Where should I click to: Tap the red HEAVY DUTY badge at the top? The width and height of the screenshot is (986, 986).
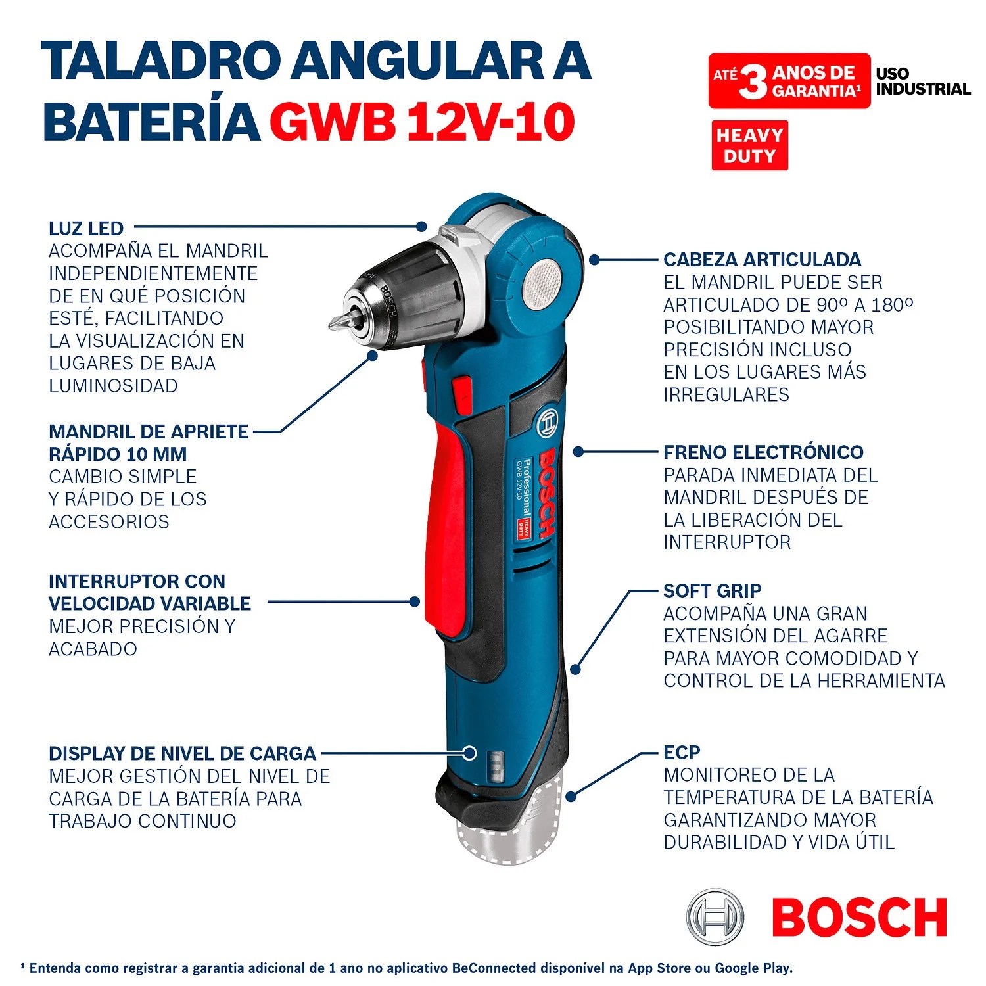click(x=749, y=145)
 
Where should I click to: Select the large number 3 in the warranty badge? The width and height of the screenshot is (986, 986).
click(x=753, y=82)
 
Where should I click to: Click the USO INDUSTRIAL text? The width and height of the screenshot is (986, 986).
click(x=923, y=82)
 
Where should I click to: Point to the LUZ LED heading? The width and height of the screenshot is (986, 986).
click(x=86, y=228)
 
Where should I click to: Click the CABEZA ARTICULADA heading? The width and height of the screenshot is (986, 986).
click(x=762, y=259)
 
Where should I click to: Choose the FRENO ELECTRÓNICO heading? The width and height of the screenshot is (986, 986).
click(x=763, y=452)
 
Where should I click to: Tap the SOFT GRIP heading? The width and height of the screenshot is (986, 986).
click(x=712, y=590)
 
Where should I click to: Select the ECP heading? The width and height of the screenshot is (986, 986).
click(x=682, y=752)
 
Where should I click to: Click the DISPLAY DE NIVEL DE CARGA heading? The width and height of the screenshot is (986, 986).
click(x=182, y=753)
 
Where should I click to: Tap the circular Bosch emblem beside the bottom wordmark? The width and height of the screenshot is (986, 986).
click(x=715, y=916)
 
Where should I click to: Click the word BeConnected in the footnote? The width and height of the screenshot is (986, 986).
click(x=494, y=968)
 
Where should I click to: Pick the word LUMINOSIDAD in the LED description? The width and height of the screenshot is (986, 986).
click(x=113, y=386)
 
